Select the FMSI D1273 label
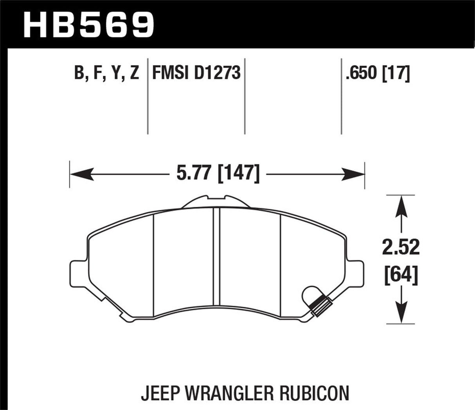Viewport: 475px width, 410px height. point(196,73)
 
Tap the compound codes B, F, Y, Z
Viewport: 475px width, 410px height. point(106,73)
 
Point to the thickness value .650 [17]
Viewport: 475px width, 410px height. point(378,73)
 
